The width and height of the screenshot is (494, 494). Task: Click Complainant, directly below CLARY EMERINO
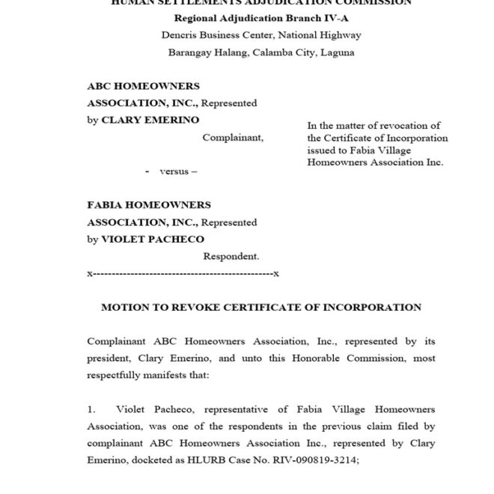click(x=233, y=138)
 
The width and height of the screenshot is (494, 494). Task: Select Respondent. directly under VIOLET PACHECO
click(x=231, y=256)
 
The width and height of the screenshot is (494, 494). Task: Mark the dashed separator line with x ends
click(x=183, y=274)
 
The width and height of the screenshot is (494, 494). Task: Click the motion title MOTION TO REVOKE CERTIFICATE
click(x=261, y=308)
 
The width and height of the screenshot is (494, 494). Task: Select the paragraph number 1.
click(x=91, y=410)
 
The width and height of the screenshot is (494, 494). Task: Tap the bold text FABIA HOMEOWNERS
click(x=149, y=205)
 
